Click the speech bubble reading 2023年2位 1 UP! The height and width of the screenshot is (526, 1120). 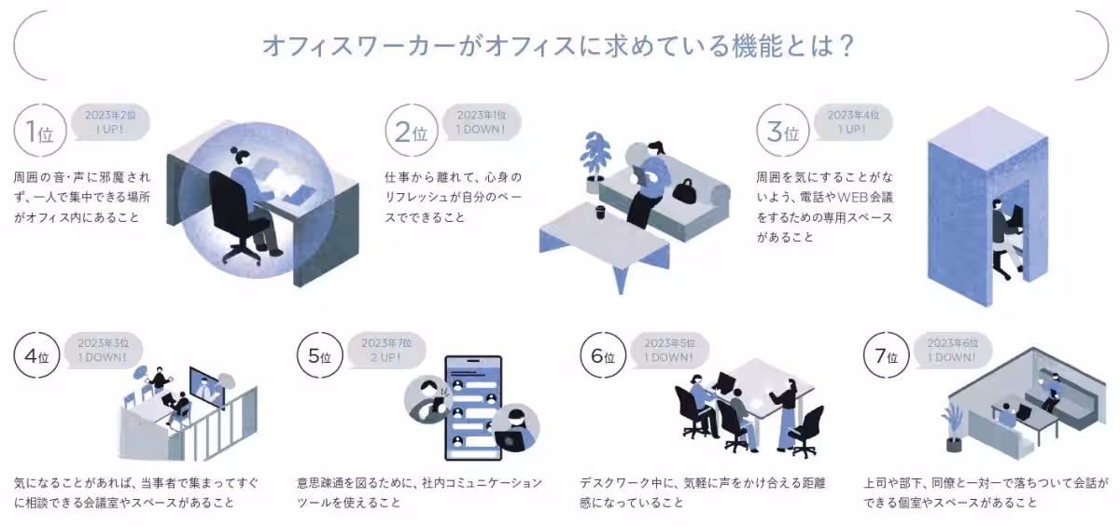pyautogui.click(x=111, y=121)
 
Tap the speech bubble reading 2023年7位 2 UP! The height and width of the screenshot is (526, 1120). pyautogui.click(x=385, y=350)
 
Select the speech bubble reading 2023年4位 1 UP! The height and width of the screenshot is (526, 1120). pyautogui.click(x=852, y=121)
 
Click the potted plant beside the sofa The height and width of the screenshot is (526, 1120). pyautogui.click(x=595, y=159)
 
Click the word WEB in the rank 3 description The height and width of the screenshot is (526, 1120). pyautogui.click(x=851, y=198)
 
